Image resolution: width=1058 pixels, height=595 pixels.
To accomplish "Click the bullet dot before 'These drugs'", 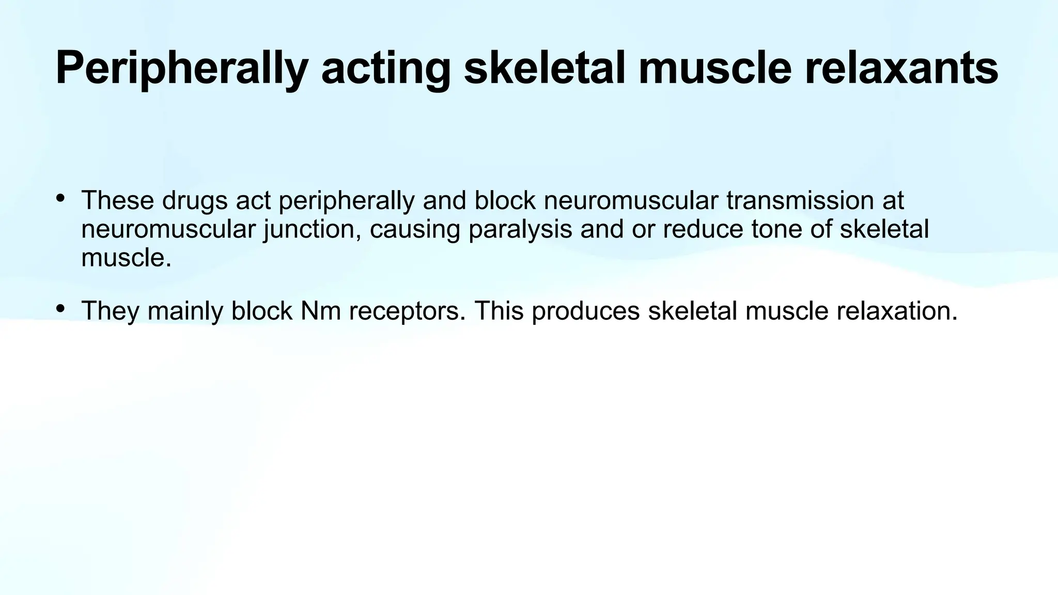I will pyautogui.click(x=60, y=198).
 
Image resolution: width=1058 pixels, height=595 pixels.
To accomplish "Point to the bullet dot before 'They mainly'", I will pyautogui.click(x=60, y=308).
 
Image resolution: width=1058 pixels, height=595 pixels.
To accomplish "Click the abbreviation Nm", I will pyautogui.click(x=320, y=311).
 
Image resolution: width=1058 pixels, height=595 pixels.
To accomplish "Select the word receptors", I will pyautogui.click(x=407, y=311).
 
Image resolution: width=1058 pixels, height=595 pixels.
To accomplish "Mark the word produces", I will pyautogui.click(x=586, y=311).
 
